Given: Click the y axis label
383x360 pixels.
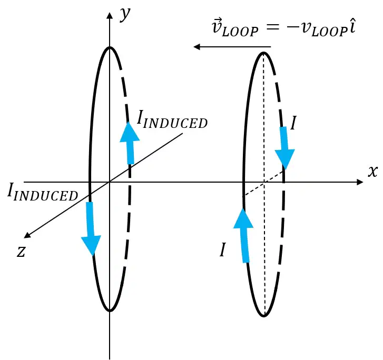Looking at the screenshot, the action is pos(125,14).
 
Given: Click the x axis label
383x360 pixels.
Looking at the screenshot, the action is pos(373,171).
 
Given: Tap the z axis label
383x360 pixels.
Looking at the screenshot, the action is pos(21,251).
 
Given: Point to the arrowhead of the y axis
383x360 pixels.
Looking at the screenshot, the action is pos(110,15).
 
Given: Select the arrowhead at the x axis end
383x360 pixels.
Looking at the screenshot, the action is pos(360,182).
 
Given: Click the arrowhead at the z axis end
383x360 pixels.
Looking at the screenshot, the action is pos(27,235).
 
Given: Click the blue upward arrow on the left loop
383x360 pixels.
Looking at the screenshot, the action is pos(130,143).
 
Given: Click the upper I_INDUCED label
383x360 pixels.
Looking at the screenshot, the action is pos(172,119).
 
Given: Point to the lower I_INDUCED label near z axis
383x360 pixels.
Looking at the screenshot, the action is pos(43,192).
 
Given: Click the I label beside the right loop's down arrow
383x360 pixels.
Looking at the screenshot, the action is pos(293,123).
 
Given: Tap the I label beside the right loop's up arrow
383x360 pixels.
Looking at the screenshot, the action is pos(222,249).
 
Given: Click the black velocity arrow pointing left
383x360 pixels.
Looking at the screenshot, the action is pos(232,47).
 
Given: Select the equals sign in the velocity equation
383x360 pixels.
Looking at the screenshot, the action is pos(272,27).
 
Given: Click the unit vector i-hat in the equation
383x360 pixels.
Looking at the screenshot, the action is pos(352,26).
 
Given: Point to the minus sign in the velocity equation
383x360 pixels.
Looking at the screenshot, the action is pos(292,27).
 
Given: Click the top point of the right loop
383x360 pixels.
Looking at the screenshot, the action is pos(263,53).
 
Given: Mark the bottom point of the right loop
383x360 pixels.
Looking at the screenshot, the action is pos(264,316).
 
